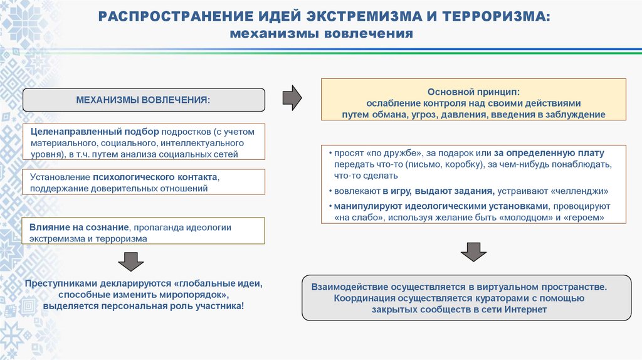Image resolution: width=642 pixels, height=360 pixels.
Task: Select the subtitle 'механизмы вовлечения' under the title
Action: pos(321,33)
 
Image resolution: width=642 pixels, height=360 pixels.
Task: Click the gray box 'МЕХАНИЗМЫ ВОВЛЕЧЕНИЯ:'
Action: pos(144,100)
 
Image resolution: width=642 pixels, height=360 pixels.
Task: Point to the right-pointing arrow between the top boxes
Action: pos(292,97)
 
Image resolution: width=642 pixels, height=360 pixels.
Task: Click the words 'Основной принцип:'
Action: pos(473,91)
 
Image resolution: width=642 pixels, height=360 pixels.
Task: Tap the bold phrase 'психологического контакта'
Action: pos(155,177)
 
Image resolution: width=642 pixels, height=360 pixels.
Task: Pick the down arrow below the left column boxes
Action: pos(131,260)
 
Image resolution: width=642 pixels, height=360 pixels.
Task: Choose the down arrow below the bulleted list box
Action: pos(473,251)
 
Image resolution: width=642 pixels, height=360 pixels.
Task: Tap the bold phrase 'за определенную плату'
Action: pos(549,152)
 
